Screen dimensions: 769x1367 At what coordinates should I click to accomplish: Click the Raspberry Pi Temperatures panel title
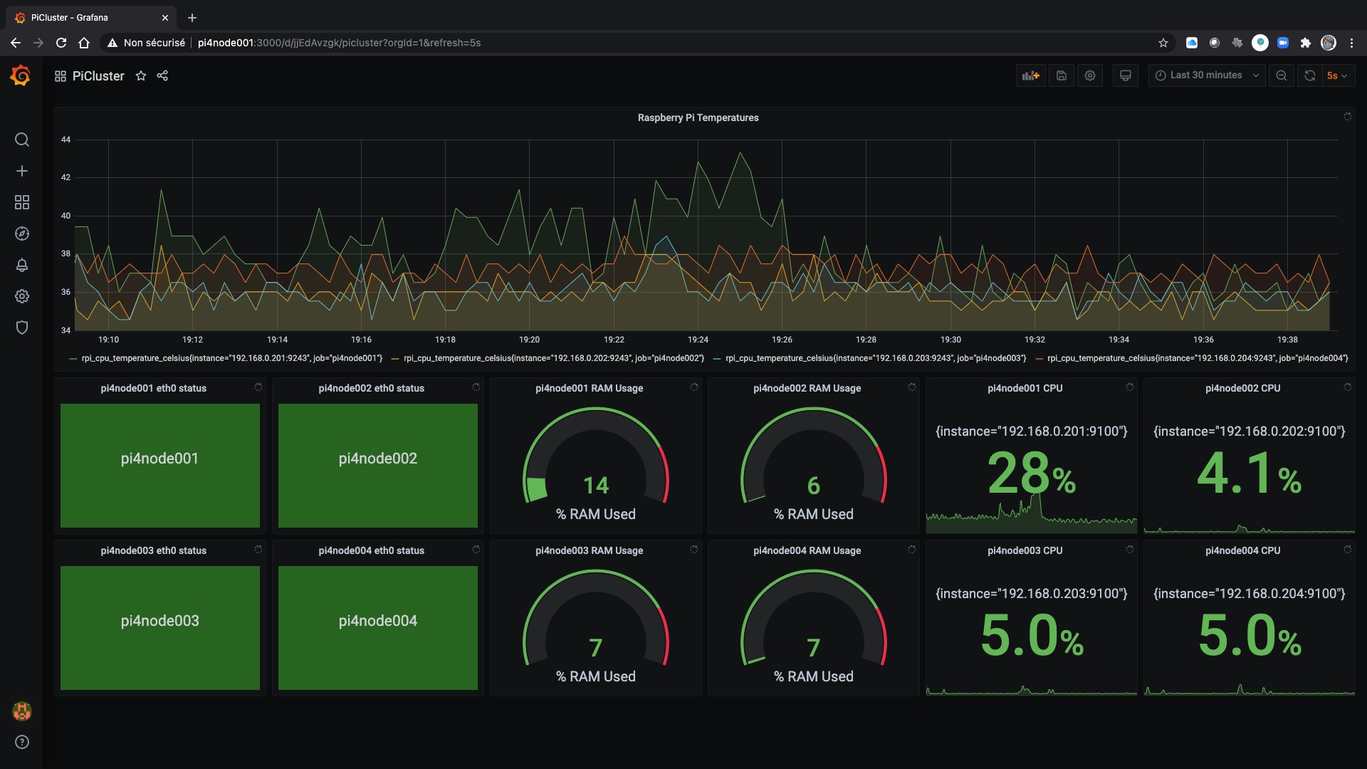coord(698,117)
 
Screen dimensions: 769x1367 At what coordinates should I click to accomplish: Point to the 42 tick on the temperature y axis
coord(66,177)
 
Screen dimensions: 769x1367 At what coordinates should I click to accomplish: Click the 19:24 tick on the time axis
coord(698,340)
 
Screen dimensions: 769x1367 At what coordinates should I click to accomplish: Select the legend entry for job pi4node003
coord(874,358)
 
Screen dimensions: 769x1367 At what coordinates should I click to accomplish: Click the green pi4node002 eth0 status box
coord(377,466)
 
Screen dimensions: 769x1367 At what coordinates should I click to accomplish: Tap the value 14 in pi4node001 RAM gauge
coord(596,486)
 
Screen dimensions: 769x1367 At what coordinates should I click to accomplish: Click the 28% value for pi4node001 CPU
coord(1030,474)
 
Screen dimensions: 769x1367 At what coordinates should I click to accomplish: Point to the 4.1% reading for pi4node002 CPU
coord(1248,474)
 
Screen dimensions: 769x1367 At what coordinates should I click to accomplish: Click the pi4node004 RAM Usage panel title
coord(807,550)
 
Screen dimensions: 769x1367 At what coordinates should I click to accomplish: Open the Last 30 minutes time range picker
coord(1206,75)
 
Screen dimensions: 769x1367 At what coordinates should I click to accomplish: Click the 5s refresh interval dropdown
coord(1337,75)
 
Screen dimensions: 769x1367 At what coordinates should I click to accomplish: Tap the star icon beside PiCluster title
coord(141,75)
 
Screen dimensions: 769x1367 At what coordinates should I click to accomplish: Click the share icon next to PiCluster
coord(162,75)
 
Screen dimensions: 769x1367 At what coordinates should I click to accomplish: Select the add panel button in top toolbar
coord(1030,75)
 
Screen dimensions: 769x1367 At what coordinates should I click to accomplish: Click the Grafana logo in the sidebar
coord(21,75)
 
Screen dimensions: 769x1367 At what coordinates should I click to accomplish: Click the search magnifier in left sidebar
coord(22,140)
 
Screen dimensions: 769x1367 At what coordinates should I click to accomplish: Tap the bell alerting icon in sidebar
coord(22,265)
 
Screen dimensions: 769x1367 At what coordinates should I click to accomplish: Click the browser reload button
coord(61,43)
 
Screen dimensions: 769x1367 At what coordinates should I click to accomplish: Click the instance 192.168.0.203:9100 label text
coord(1031,594)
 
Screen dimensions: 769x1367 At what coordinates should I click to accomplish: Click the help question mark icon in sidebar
coord(22,742)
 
